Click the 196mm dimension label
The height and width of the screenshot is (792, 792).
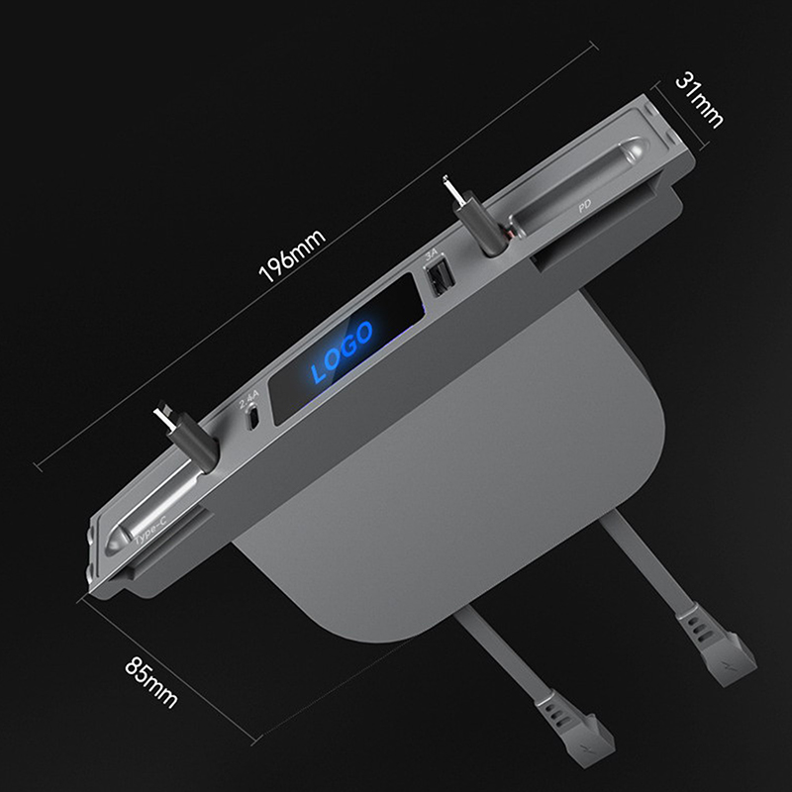(x=292, y=255)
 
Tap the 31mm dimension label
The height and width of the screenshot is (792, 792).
(x=699, y=100)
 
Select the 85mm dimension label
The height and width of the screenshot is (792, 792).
(x=151, y=681)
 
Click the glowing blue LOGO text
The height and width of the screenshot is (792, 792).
(x=342, y=350)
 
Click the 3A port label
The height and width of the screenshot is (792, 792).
(x=431, y=255)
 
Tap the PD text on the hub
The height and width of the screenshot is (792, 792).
(x=584, y=206)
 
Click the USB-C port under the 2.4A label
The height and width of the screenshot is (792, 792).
(x=253, y=418)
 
